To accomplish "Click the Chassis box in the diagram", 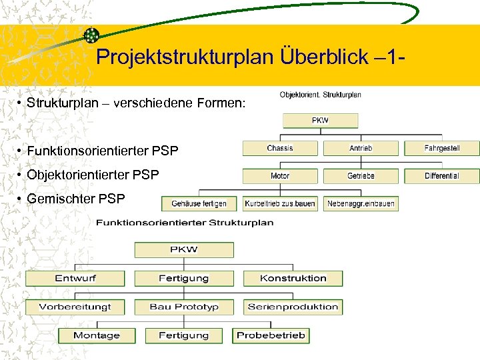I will (280, 148).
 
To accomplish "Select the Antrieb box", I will (361, 148).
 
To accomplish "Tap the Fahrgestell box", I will (442, 148).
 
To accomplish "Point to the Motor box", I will (280, 176).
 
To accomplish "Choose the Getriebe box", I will (361, 176).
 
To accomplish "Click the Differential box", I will (442, 176).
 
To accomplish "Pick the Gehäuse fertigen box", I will (199, 203).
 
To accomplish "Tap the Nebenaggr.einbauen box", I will (361, 203).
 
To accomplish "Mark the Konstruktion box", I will (293, 278).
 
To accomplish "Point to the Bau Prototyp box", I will (184, 307).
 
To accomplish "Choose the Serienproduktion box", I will (293, 307).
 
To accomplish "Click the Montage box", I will (97, 335).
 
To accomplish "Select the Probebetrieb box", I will (271, 335).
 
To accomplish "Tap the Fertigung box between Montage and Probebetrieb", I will (184, 335).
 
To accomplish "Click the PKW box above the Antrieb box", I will (321, 121).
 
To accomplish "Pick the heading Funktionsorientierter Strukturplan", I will (185, 223).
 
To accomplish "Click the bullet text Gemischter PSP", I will (75, 198).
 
